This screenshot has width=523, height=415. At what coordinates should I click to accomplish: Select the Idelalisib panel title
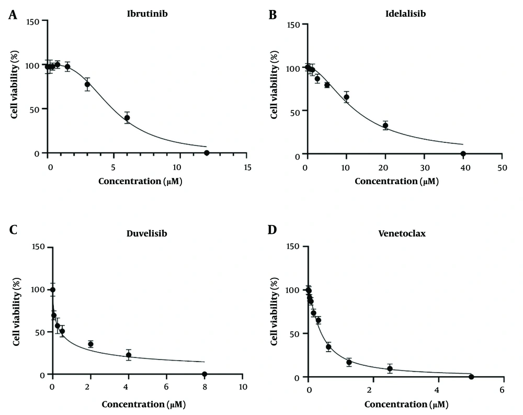pyautogui.click(x=406, y=14)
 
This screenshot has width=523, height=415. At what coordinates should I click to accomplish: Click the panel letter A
pyautogui.click(x=12, y=16)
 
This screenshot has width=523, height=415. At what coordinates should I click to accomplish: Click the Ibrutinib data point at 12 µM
pyautogui.click(x=207, y=153)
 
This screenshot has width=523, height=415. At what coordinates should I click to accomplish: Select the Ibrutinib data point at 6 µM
pyautogui.click(x=127, y=118)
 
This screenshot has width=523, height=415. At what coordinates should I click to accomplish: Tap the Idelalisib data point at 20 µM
pyautogui.click(x=385, y=126)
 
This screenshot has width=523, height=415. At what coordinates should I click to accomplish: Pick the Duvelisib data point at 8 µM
pyautogui.click(x=204, y=374)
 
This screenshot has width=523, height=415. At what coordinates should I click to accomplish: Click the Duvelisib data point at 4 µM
pyautogui.click(x=129, y=355)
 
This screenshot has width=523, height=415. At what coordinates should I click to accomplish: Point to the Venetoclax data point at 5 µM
pyautogui.click(x=471, y=377)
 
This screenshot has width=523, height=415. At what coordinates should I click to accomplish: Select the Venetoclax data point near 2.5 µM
pyautogui.click(x=390, y=368)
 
